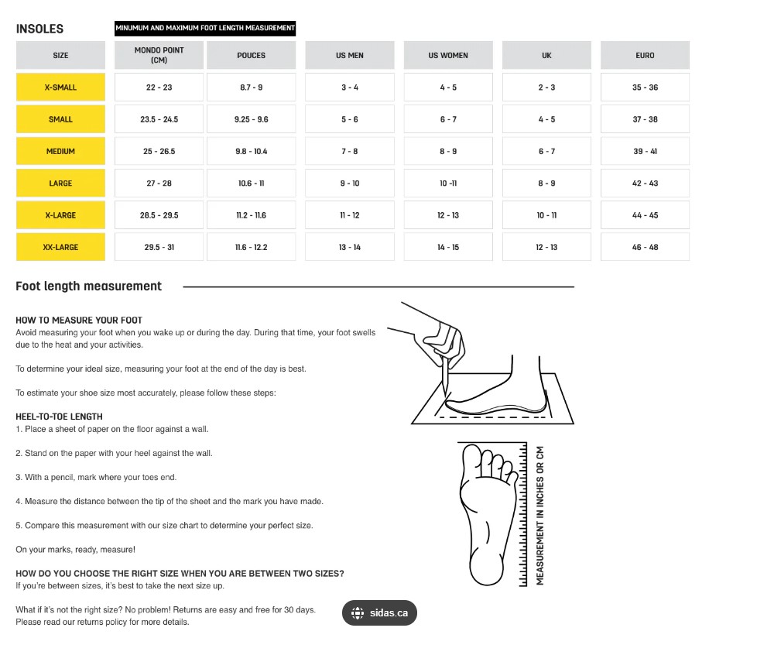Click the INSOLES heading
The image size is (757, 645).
39,29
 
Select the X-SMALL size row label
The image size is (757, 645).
60,87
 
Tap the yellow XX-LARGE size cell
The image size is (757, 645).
60,247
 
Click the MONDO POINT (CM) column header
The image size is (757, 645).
159,55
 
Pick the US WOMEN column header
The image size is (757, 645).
448,55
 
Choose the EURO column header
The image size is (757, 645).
645,55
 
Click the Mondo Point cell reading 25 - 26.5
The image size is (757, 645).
159,151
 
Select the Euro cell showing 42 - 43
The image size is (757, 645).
645,184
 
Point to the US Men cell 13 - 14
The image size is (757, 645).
350,247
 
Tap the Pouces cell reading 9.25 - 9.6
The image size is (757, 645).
251,119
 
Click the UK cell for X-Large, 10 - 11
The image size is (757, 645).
546,215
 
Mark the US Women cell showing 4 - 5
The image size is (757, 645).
448,87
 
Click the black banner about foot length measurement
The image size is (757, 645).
205,29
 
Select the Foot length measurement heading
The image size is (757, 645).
89,286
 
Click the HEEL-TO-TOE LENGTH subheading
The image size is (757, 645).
59,416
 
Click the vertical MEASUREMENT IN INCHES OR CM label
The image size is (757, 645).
540,515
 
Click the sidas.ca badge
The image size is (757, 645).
379,613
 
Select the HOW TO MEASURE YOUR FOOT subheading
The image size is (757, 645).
79,320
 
